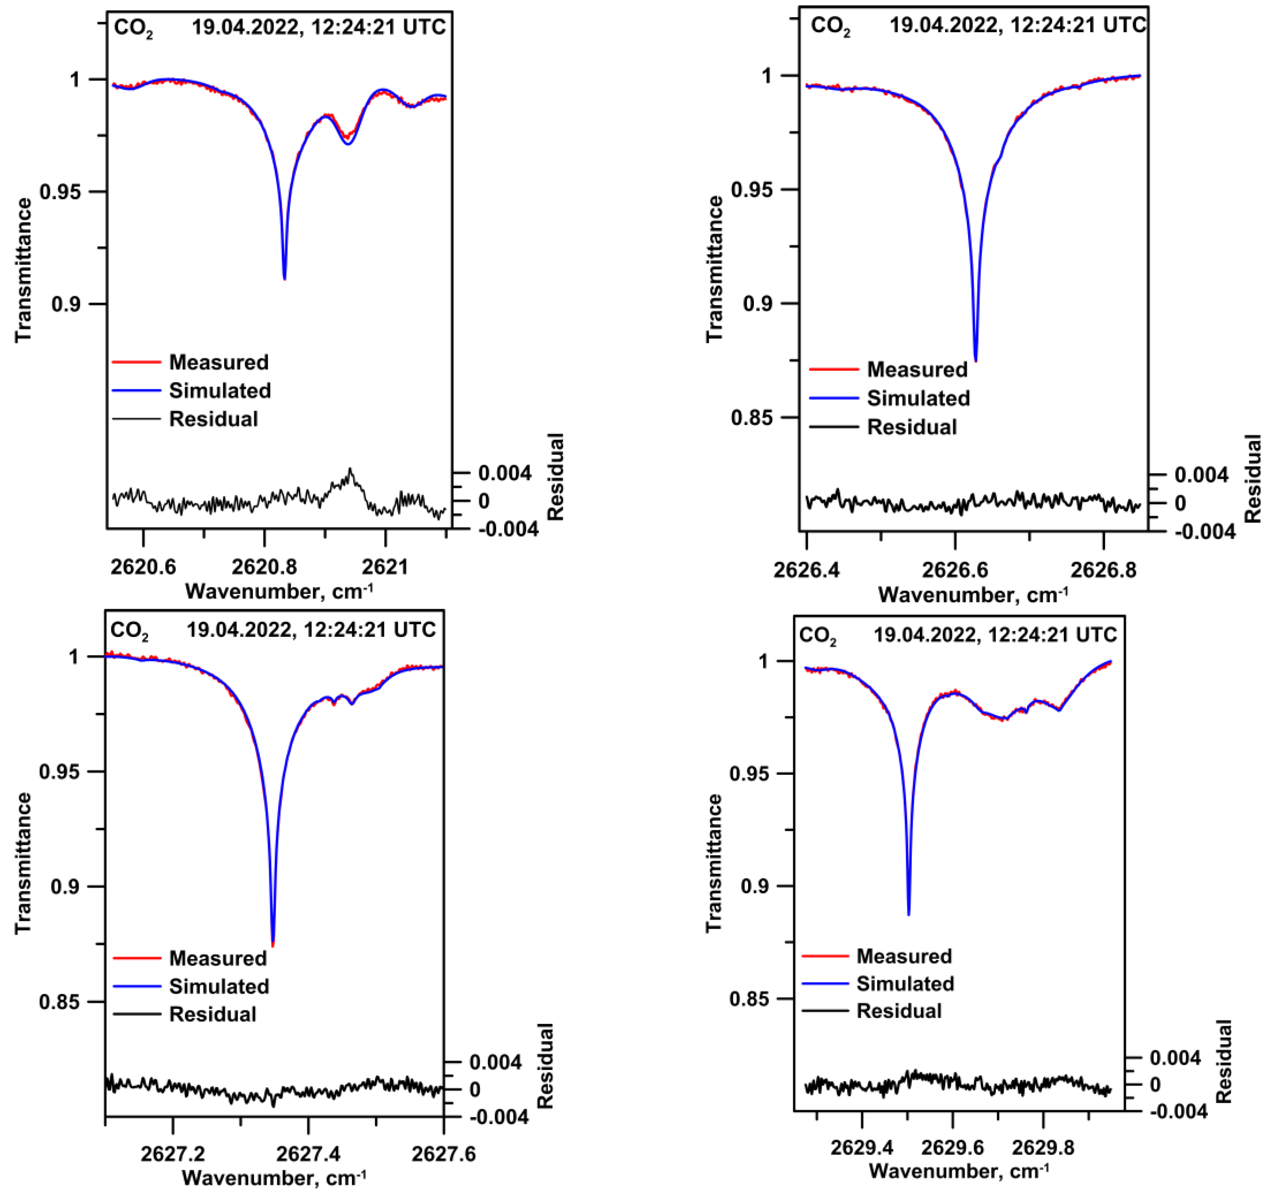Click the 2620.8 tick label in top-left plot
[263, 567]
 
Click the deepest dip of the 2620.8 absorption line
[285, 279]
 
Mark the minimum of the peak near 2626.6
[975, 361]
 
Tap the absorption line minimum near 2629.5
[909, 915]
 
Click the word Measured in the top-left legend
[219, 362]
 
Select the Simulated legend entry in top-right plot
[918, 398]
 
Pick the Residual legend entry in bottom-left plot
[212, 1014]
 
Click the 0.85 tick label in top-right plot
[752, 417]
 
